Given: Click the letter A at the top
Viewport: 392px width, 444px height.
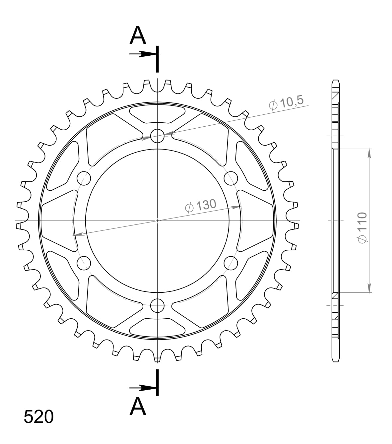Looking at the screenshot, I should pyautogui.click(x=138, y=36).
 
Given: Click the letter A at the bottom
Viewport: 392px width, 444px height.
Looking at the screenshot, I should pyautogui.click(x=138, y=407).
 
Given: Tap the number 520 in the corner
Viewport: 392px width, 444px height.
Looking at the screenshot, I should pyautogui.click(x=38, y=417).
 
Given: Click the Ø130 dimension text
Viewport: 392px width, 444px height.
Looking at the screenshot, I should pyautogui.click(x=200, y=206).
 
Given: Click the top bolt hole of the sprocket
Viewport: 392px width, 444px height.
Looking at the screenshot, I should pyautogui.click(x=157, y=135).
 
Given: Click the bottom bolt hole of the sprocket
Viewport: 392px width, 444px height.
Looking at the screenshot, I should pyautogui.click(x=157, y=305).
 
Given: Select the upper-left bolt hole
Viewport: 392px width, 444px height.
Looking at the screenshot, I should pyautogui.click(x=84, y=178).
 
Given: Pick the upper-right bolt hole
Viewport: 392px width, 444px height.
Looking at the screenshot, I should pyautogui.click(x=231, y=178).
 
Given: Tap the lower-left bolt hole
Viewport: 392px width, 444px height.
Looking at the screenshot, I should pyautogui.click(x=84, y=263).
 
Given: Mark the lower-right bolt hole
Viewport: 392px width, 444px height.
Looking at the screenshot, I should pyautogui.click(x=231, y=263).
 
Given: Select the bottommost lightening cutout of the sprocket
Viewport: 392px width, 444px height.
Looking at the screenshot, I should pyautogui.click(x=157, y=328).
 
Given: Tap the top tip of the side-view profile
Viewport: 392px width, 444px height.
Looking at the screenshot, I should pyautogui.click(x=336, y=81).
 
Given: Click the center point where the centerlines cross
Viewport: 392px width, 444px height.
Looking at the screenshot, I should pyautogui.click(x=157, y=221).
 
